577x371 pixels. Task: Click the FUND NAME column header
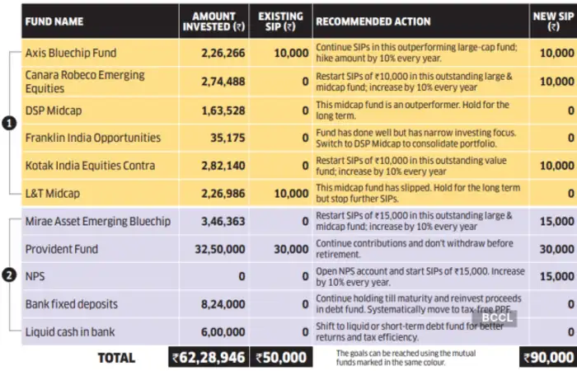tap(54, 21)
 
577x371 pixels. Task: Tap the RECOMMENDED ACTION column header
tap(373, 21)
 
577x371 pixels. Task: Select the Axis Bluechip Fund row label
tap(71, 53)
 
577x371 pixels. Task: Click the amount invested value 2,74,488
tap(223, 82)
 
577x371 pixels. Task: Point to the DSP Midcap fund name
tap(54, 110)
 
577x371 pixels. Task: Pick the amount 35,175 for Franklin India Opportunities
tap(228, 138)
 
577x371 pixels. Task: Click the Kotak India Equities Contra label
tap(90, 166)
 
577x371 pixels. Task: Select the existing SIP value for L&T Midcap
tap(292, 194)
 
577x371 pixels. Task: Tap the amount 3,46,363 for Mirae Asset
tap(223, 221)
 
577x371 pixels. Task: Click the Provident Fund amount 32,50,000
tap(220, 249)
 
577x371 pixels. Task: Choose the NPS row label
tap(35, 276)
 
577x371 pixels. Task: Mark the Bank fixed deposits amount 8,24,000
tap(223, 304)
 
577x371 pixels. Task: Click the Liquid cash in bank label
tap(70, 332)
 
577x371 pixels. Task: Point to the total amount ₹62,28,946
tap(209, 357)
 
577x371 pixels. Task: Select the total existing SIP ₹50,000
tap(281, 357)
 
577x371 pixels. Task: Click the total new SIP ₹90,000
tap(549, 357)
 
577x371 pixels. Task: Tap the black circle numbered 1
tap(9, 124)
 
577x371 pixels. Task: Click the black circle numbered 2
tap(9, 275)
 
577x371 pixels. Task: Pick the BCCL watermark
tap(495, 317)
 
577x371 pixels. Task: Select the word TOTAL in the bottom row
tap(116, 358)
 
